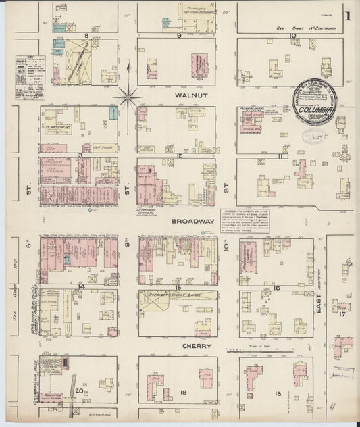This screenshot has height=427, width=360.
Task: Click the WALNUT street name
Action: [188, 97]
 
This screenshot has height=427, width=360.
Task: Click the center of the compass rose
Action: [127, 98]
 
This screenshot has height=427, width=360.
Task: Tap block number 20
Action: [79, 391]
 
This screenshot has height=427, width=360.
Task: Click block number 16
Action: [278, 287]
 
